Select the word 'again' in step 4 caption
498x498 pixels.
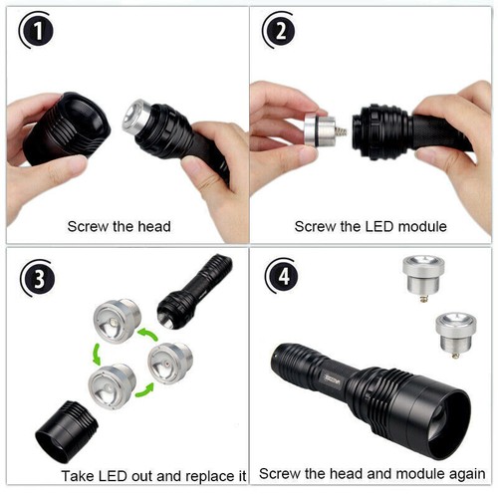tap(463, 475)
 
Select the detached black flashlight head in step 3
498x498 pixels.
tap(67, 433)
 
